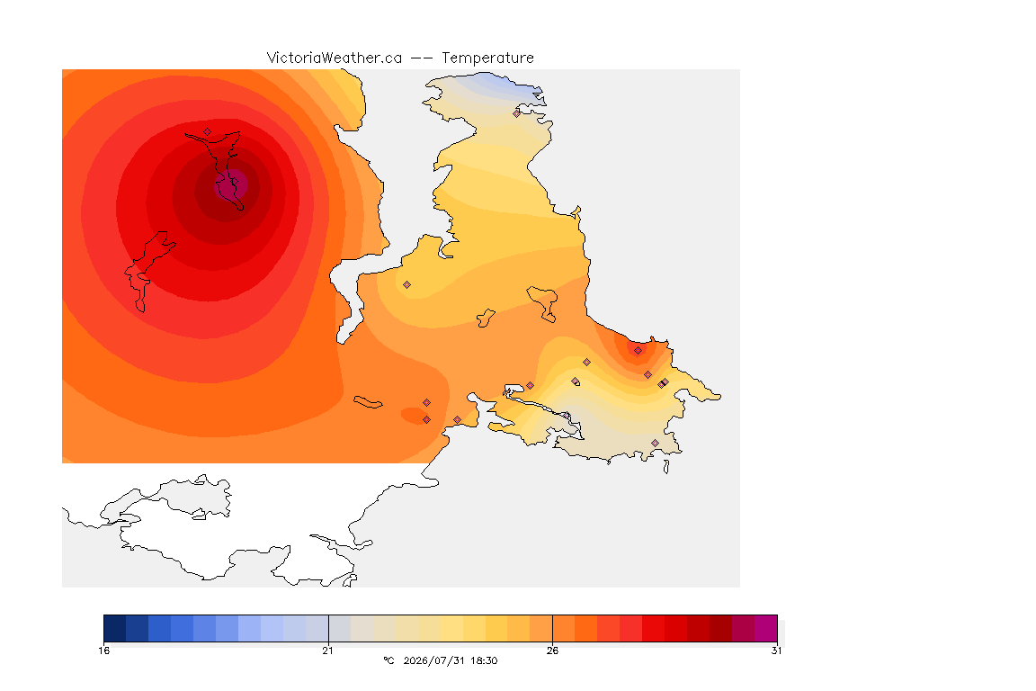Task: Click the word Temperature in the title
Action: click(x=487, y=58)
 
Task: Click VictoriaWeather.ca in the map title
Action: click(x=335, y=58)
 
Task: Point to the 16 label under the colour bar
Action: click(x=103, y=651)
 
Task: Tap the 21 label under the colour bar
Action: click(x=327, y=651)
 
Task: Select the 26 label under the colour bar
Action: click(x=552, y=651)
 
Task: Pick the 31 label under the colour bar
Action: click(x=776, y=651)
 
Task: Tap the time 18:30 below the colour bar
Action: click(x=484, y=660)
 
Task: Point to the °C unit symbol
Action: click(x=388, y=660)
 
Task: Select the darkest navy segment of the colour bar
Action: click(x=115, y=628)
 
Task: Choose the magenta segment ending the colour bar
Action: click(x=766, y=628)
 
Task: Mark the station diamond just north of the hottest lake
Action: click(x=208, y=132)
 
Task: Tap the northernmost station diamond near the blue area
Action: click(x=517, y=113)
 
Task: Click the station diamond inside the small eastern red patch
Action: click(x=638, y=351)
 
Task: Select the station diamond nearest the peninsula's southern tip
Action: click(x=655, y=443)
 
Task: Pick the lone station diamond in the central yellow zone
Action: click(x=407, y=285)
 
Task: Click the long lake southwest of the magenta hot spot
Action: click(x=148, y=271)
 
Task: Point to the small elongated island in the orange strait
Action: click(x=368, y=402)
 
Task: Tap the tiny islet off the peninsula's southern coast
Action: click(x=666, y=467)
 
